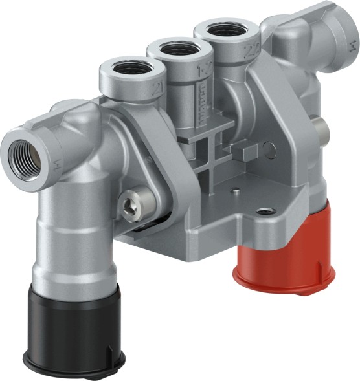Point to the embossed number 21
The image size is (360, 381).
pos(155,88)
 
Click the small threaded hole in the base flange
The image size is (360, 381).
pos(264,212)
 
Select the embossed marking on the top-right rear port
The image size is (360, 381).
pos(351,45)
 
